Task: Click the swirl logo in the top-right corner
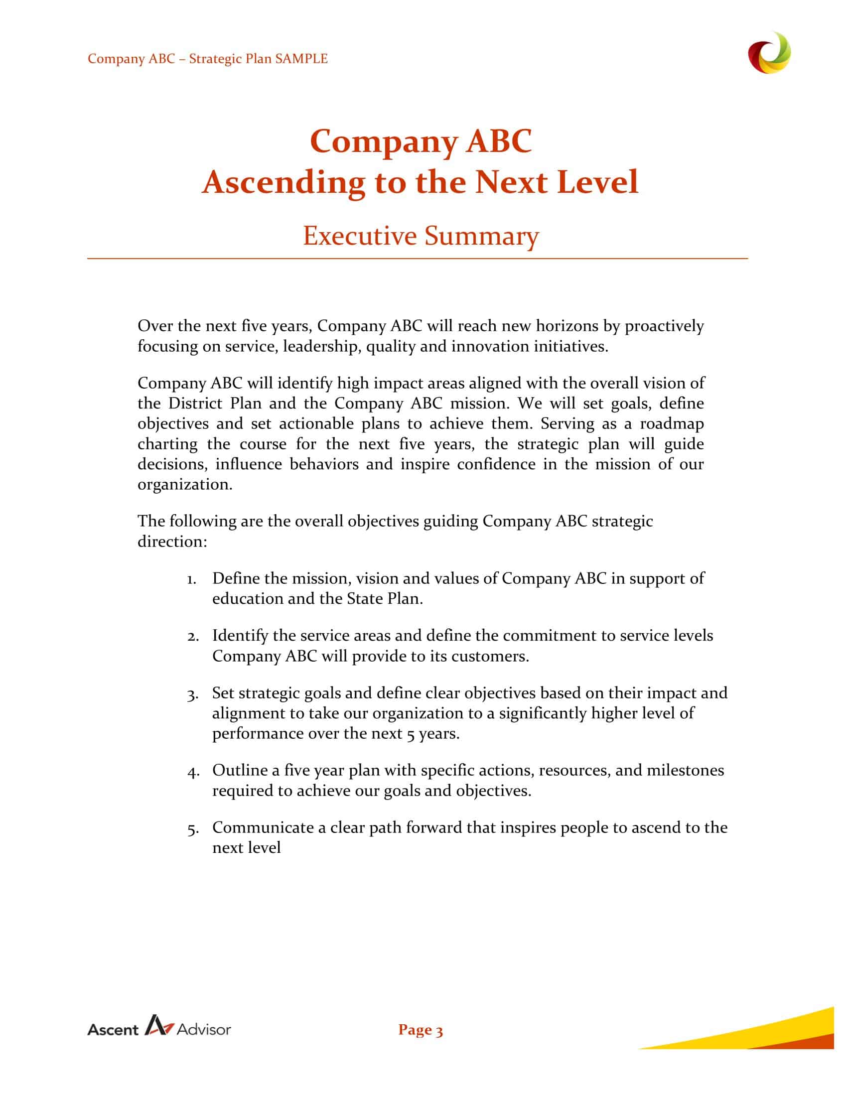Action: click(769, 53)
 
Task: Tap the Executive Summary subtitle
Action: click(421, 235)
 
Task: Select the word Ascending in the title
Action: click(283, 182)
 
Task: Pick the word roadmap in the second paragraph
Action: click(672, 423)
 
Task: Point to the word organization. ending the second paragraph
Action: click(185, 485)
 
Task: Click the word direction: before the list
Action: click(172, 542)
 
